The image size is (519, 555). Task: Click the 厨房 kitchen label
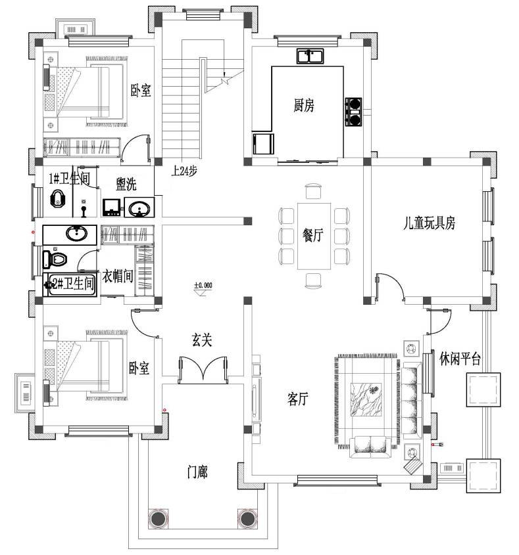click(x=304, y=105)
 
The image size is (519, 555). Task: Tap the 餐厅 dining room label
click(x=312, y=235)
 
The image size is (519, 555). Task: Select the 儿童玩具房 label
click(x=429, y=223)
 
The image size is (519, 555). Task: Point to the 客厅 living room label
click(x=297, y=399)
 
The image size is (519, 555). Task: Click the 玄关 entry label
click(x=202, y=340)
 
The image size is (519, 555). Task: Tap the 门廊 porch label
click(x=197, y=472)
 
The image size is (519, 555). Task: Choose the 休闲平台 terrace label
click(x=460, y=359)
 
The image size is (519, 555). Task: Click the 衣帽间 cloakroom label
click(x=118, y=276)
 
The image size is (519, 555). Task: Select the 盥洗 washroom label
click(x=126, y=184)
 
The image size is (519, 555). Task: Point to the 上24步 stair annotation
click(x=184, y=171)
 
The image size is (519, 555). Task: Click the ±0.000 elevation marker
click(x=203, y=285)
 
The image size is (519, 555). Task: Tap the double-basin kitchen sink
click(x=310, y=56)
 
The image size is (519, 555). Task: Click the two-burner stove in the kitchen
click(x=353, y=112)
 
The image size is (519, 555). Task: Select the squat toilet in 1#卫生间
click(x=57, y=198)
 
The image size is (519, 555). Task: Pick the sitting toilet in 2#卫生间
click(x=55, y=259)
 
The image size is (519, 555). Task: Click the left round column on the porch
click(x=158, y=519)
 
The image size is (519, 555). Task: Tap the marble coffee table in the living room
click(x=366, y=399)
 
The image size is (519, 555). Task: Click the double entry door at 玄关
click(x=203, y=370)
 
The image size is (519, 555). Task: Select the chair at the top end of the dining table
click(x=313, y=191)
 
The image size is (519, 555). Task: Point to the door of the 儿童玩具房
click(x=390, y=288)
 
